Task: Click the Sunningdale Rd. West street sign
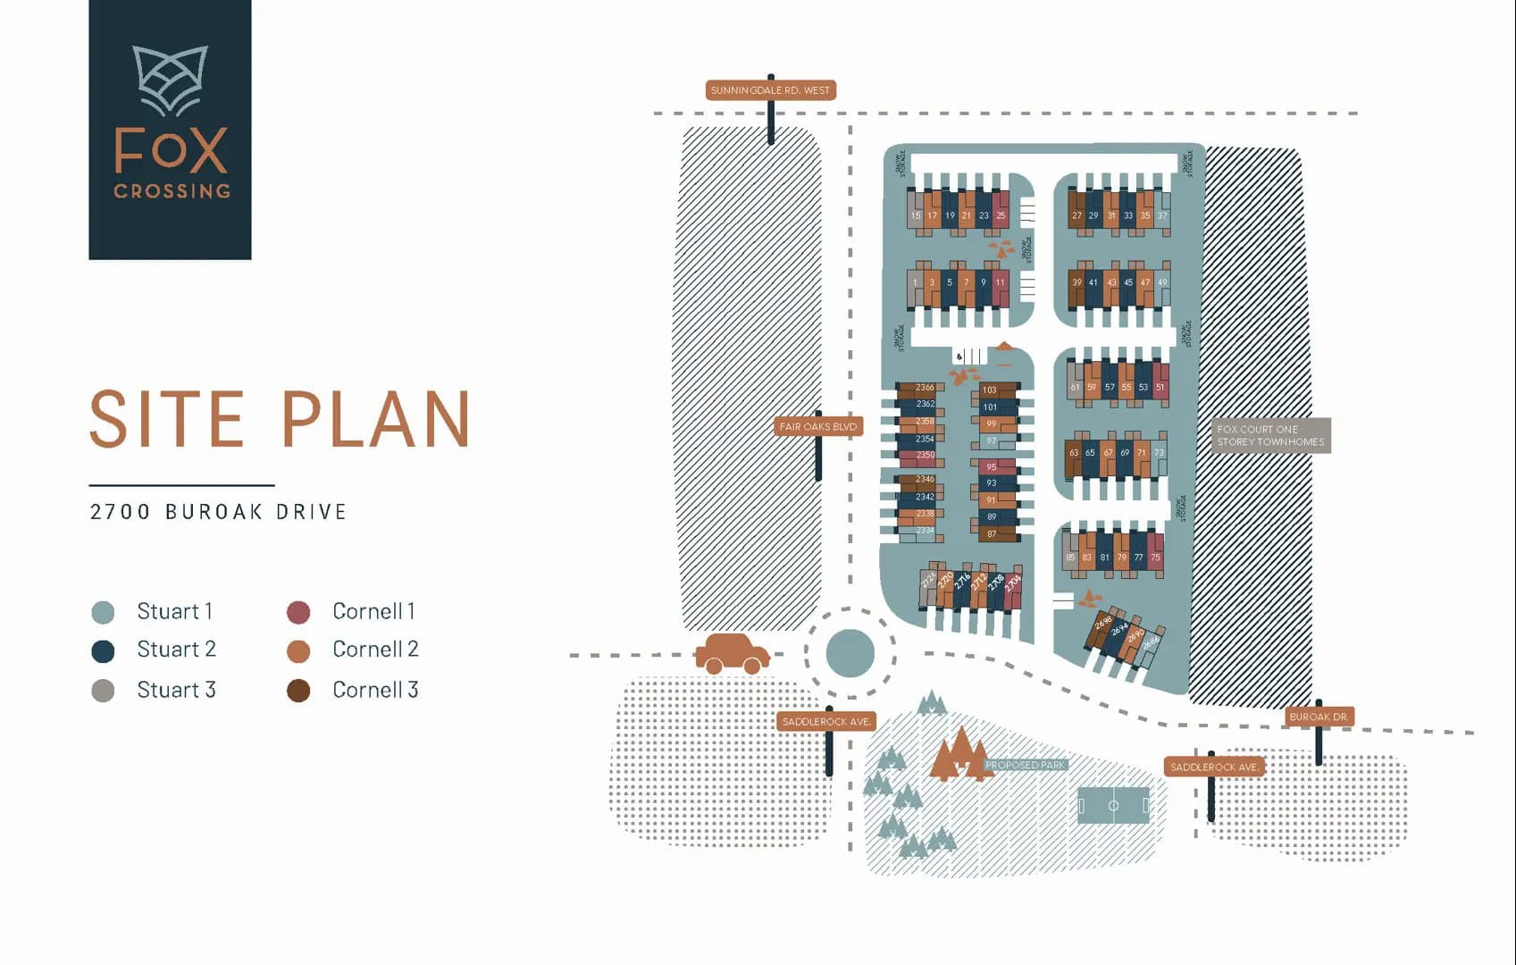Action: pos(770,90)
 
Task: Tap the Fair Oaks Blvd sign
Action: pos(817,427)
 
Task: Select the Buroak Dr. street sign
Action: pos(1319,717)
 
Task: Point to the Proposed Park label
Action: pos(1025,765)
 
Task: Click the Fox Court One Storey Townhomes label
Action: pos(1269,436)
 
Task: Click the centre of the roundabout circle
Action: pos(850,653)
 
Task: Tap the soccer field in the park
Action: pos(1113,805)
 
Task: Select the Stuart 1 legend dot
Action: pos(104,612)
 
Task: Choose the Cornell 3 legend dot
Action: pos(298,691)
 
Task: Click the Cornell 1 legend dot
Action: pos(298,612)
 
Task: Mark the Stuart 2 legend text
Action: pos(176,650)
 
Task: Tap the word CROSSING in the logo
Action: pos(172,190)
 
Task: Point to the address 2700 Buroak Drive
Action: pos(218,512)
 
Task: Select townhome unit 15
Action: pos(915,215)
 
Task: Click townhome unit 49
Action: pos(1162,282)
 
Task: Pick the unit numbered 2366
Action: pos(924,388)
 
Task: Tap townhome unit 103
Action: pos(990,390)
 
